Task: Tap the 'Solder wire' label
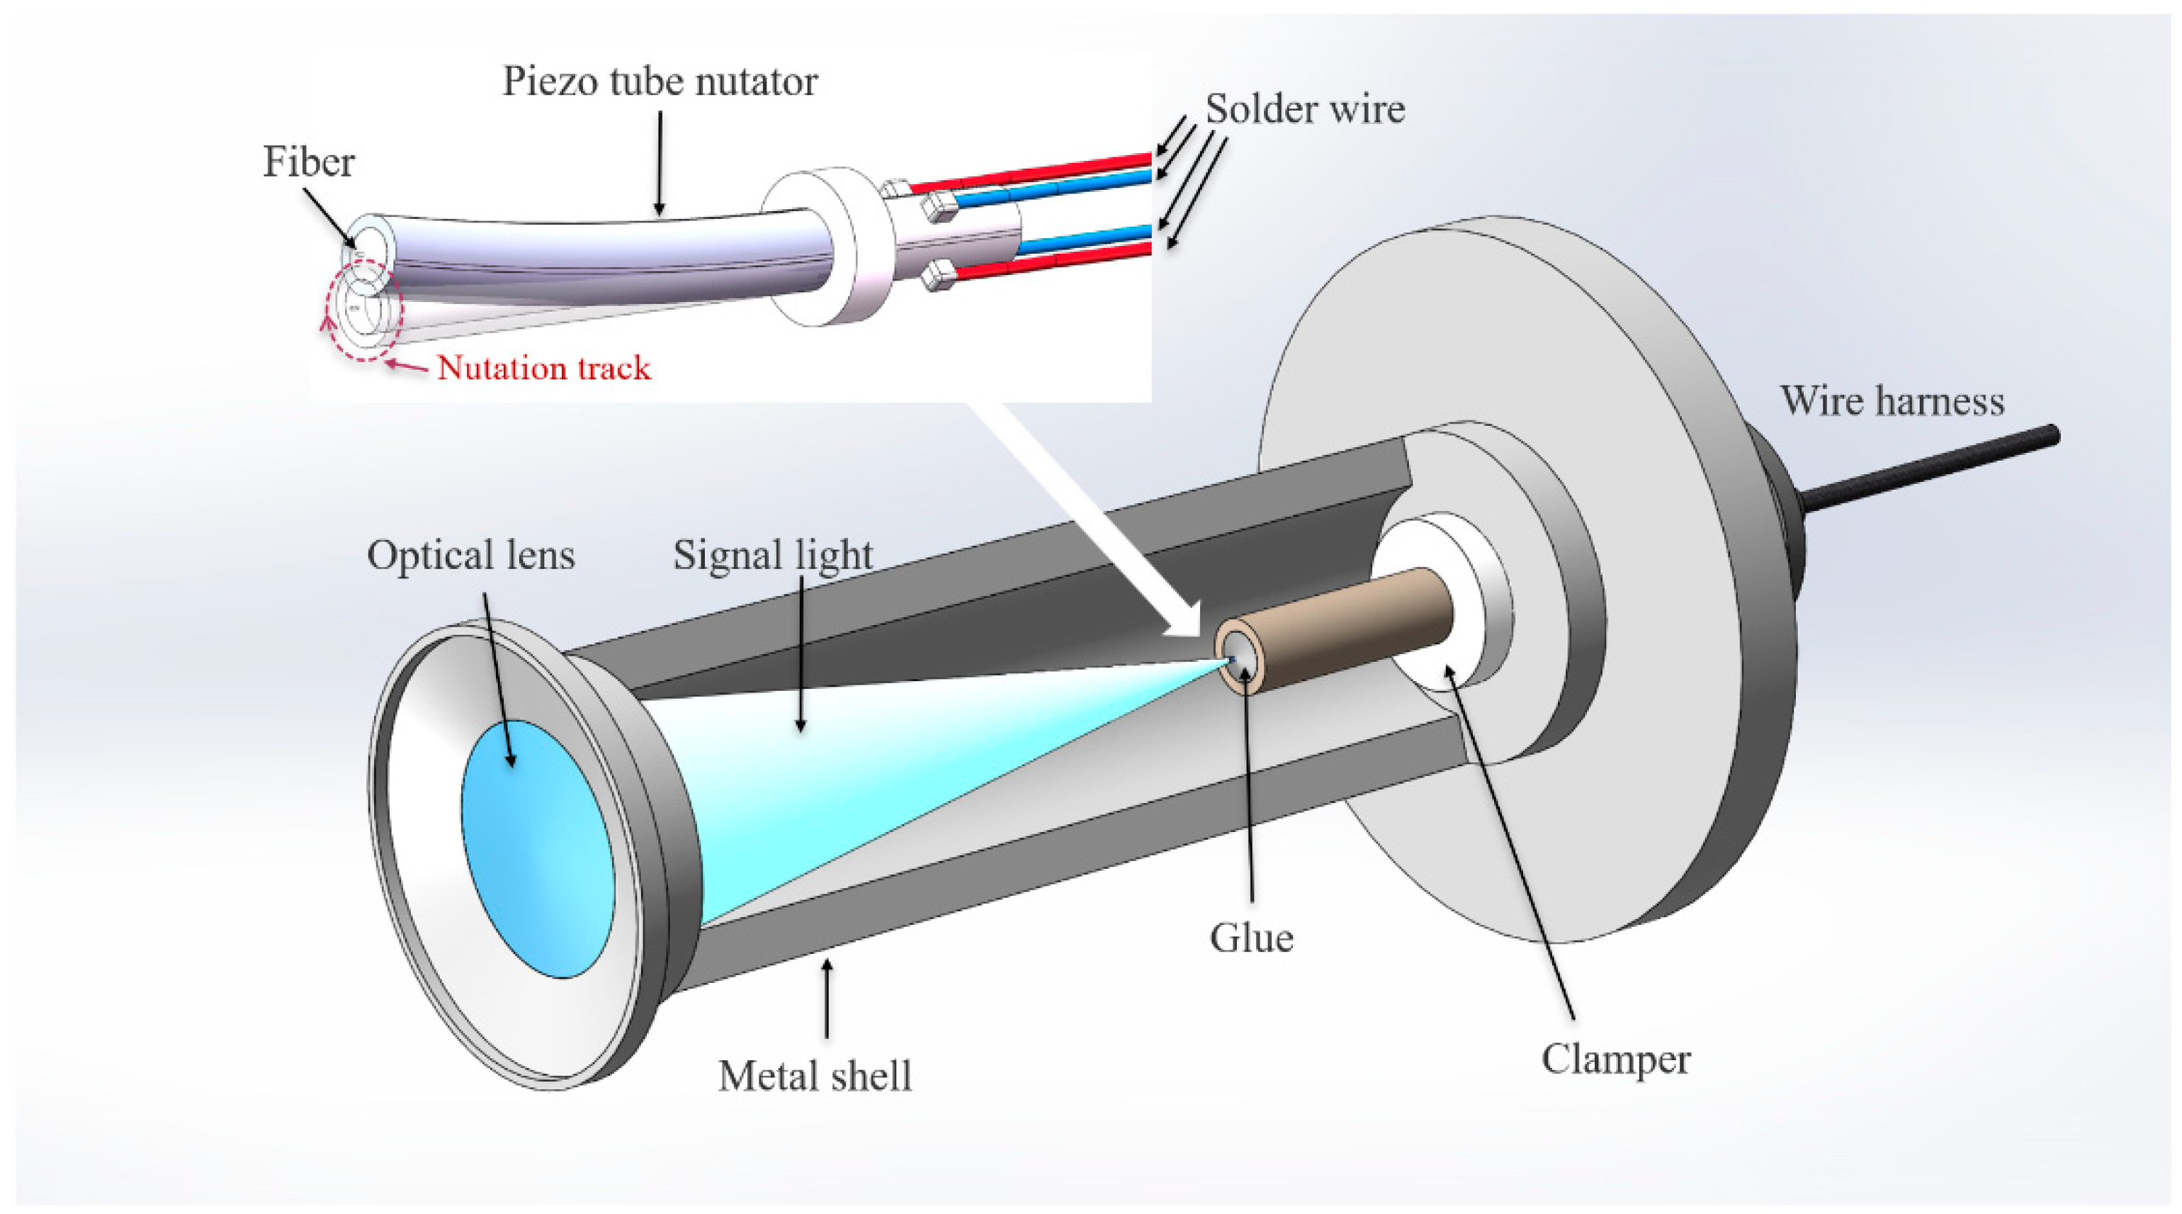(x=1304, y=109)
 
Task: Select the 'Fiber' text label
(x=308, y=162)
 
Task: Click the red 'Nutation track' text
(x=544, y=368)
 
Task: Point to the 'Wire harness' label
(x=1892, y=400)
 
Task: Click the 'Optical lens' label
(x=470, y=556)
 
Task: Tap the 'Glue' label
(x=1251, y=938)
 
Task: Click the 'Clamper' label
(x=1615, y=1059)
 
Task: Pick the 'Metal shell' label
(x=814, y=1076)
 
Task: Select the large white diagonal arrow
(x=1092, y=517)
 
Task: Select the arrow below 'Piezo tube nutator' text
(x=659, y=161)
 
